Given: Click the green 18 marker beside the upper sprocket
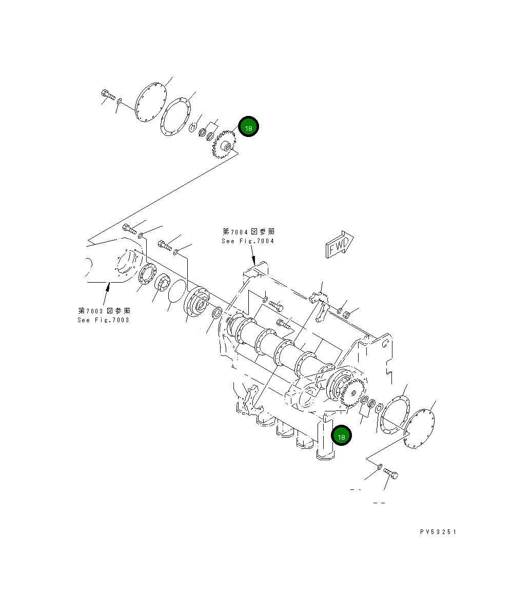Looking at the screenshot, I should pyautogui.click(x=248, y=128).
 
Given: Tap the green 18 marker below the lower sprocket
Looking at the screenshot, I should pyautogui.click(x=341, y=436).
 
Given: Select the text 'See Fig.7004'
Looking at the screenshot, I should pyautogui.click(x=248, y=241).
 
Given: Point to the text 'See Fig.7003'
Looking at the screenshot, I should pyautogui.click(x=104, y=320).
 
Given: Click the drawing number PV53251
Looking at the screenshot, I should pyautogui.click(x=438, y=532).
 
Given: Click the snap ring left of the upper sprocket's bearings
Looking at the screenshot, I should pyautogui.click(x=193, y=127).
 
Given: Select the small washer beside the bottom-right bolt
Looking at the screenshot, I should pyautogui.click(x=379, y=466).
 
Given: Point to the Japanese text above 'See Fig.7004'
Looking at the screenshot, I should pyautogui.click(x=248, y=232).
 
